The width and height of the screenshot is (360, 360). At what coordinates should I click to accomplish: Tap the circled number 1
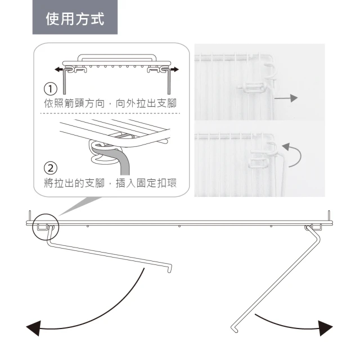coord(51,89)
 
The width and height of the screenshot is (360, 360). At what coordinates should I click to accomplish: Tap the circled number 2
coord(51,168)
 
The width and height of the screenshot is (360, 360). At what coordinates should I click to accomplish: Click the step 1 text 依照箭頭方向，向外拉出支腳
coord(112,104)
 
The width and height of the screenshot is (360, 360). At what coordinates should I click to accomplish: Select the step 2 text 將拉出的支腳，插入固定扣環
coord(112,183)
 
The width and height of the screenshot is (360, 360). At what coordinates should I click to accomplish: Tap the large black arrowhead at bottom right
coord(325,328)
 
